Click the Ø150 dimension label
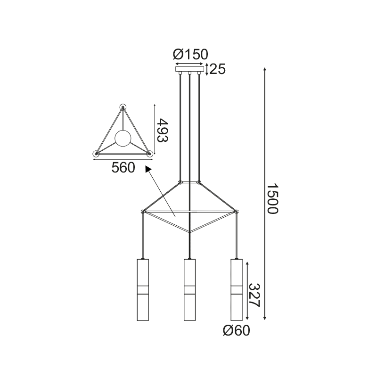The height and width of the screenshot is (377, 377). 190,55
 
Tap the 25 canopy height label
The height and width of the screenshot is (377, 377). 217,69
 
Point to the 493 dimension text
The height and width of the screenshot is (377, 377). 163,130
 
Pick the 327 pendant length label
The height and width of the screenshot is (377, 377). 255,295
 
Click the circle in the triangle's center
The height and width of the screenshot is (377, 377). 123,138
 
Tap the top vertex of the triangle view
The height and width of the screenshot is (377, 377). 123,107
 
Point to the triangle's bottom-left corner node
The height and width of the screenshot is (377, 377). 96,153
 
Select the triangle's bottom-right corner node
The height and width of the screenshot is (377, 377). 150,153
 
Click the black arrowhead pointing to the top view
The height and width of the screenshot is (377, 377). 148,169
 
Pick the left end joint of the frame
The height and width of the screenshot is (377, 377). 142,211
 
